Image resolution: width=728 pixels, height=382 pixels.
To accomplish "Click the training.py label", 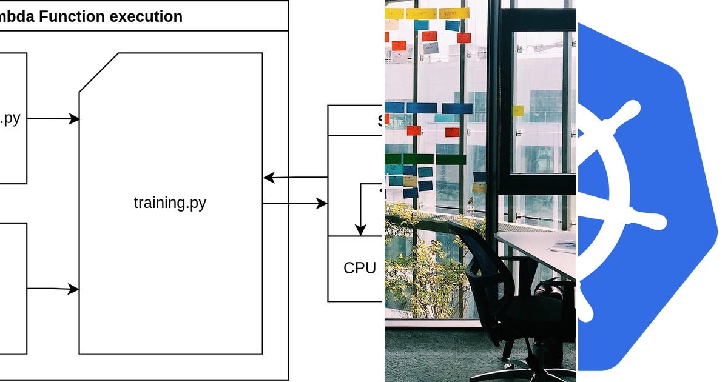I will [x=170, y=203].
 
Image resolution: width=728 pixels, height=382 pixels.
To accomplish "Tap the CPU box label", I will [x=360, y=268].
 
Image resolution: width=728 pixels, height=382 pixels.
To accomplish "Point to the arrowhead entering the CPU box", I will [x=360, y=230].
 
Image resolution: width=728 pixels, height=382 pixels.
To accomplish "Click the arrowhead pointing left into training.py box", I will [x=268, y=178].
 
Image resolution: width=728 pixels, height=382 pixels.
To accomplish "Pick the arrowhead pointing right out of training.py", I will [x=322, y=204].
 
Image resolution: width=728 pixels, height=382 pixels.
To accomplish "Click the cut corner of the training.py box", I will [x=98, y=73].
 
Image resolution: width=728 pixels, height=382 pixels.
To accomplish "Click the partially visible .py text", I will [x=10, y=118].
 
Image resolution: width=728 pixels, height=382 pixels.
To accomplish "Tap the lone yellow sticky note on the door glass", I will [x=517, y=111].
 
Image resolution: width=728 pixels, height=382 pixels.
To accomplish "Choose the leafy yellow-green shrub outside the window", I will [x=419, y=273].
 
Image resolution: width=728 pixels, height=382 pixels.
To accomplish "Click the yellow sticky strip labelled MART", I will [x=454, y=13].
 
